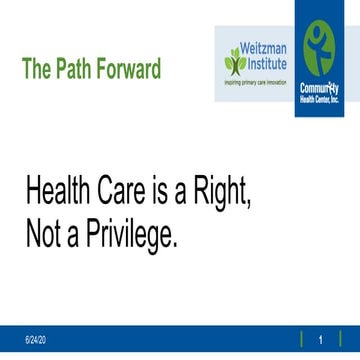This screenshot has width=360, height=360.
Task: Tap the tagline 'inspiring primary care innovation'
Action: pos(259,80)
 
